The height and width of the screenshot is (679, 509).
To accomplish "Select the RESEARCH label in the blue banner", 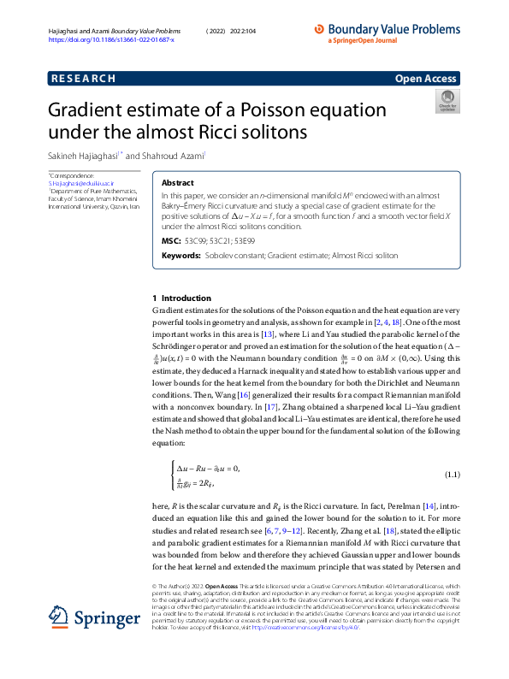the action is point(83,79).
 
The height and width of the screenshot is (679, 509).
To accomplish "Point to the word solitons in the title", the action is point(264,133).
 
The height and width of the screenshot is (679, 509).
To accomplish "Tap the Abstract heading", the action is point(177,183).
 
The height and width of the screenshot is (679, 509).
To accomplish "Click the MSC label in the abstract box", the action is point(170,242).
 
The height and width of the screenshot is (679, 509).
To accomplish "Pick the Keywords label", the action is point(181,256).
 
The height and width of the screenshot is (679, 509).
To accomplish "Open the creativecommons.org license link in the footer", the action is point(304,628).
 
